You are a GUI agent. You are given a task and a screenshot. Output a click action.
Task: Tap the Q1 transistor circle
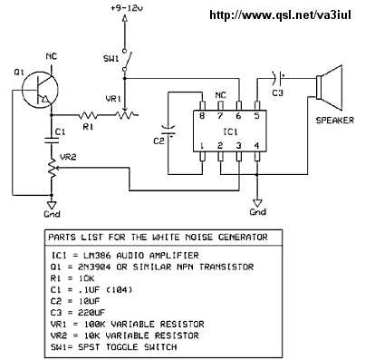point(24,90)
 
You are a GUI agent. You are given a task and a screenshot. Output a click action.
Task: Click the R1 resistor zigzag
point(88,115)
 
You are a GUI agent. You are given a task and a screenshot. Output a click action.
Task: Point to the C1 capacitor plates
point(52,140)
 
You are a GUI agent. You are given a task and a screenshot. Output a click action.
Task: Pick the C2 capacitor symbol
point(168,130)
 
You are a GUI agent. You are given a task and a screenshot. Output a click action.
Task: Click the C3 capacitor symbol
point(278,78)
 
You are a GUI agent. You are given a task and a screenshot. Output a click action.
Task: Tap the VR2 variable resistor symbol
point(52,169)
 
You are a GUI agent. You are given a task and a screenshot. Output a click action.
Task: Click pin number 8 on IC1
point(202,116)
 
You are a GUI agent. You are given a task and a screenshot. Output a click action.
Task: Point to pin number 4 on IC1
point(256,146)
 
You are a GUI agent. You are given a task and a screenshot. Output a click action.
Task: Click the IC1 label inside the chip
point(230,132)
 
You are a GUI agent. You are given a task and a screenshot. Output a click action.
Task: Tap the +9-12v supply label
point(127,8)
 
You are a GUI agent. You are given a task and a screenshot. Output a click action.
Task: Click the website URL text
point(280,15)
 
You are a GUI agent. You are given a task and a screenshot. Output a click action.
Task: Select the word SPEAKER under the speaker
point(334,121)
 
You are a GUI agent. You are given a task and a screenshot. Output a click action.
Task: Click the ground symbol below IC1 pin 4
point(257,203)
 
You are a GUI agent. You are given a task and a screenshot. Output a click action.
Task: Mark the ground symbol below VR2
point(52,205)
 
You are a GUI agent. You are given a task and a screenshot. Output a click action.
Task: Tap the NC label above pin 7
point(221,95)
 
